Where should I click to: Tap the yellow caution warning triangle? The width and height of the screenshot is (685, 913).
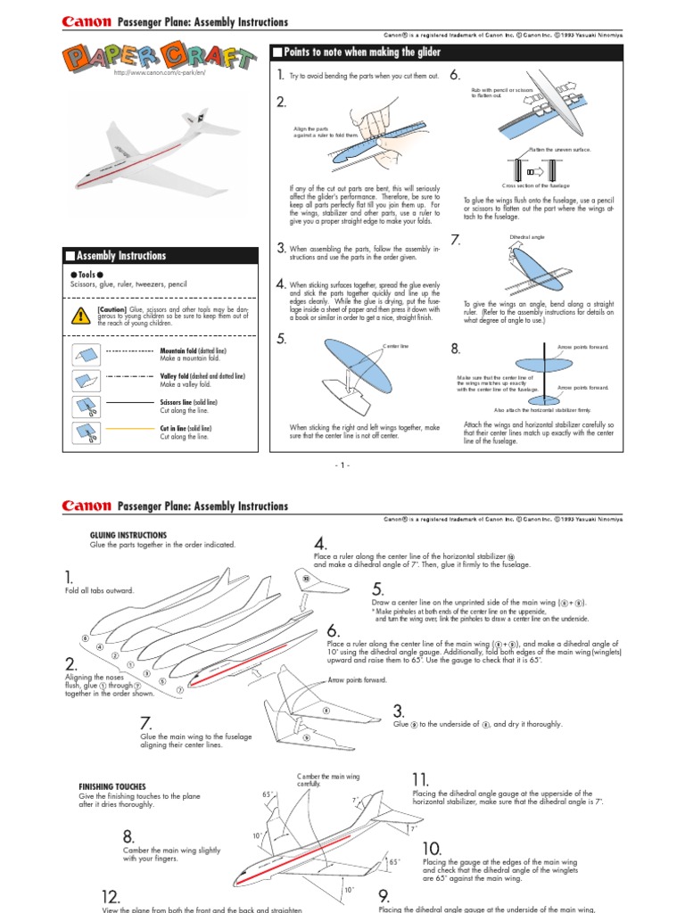point(78,314)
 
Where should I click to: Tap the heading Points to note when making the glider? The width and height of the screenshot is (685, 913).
point(362,53)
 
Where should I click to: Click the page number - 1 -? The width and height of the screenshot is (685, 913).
point(342,465)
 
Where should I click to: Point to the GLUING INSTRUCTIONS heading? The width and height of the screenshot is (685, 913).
point(128,535)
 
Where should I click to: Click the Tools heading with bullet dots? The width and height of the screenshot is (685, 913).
point(88,275)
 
